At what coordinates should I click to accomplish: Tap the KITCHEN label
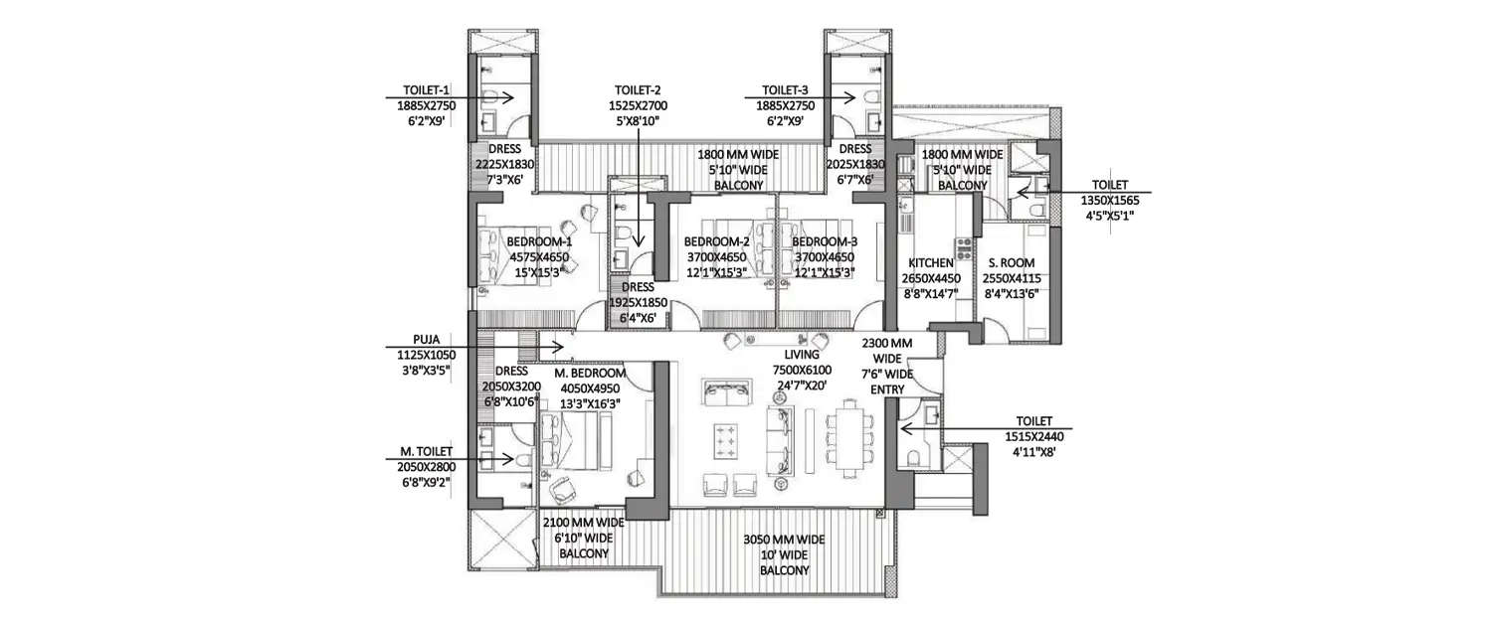pyautogui.click(x=931, y=263)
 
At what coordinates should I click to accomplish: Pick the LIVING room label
pyautogui.click(x=802, y=355)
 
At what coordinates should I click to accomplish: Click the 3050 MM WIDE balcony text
pyautogui.click(x=784, y=540)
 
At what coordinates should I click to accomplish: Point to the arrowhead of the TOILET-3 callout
pyautogui.click(x=855, y=96)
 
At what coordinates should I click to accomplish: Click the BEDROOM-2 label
pyautogui.click(x=716, y=241)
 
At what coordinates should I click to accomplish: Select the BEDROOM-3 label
pyautogui.click(x=826, y=241)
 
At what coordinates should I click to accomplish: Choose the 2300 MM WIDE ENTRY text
pyautogui.click(x=888, y=343)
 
